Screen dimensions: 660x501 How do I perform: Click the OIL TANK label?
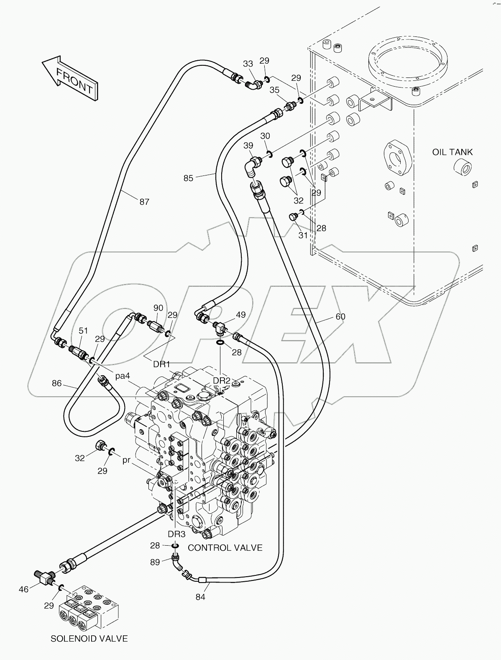(452, 152)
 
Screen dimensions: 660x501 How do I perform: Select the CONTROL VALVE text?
(225, 548)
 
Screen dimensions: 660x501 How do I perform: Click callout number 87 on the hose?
(144, 202)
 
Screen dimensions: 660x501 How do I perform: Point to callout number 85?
(188, 178)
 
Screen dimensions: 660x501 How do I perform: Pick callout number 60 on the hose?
(340, 317)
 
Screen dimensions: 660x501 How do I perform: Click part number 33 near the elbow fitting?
(248, 64)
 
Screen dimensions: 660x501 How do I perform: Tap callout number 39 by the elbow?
(248, 145)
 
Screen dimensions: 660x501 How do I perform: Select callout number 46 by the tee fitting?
(24, 589)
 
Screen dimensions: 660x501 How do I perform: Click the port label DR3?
(176, 534)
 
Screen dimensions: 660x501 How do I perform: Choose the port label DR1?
(161, 364)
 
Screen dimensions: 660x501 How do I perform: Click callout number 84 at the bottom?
(200, 597)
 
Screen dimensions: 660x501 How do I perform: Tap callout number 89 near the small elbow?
(155, 562)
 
